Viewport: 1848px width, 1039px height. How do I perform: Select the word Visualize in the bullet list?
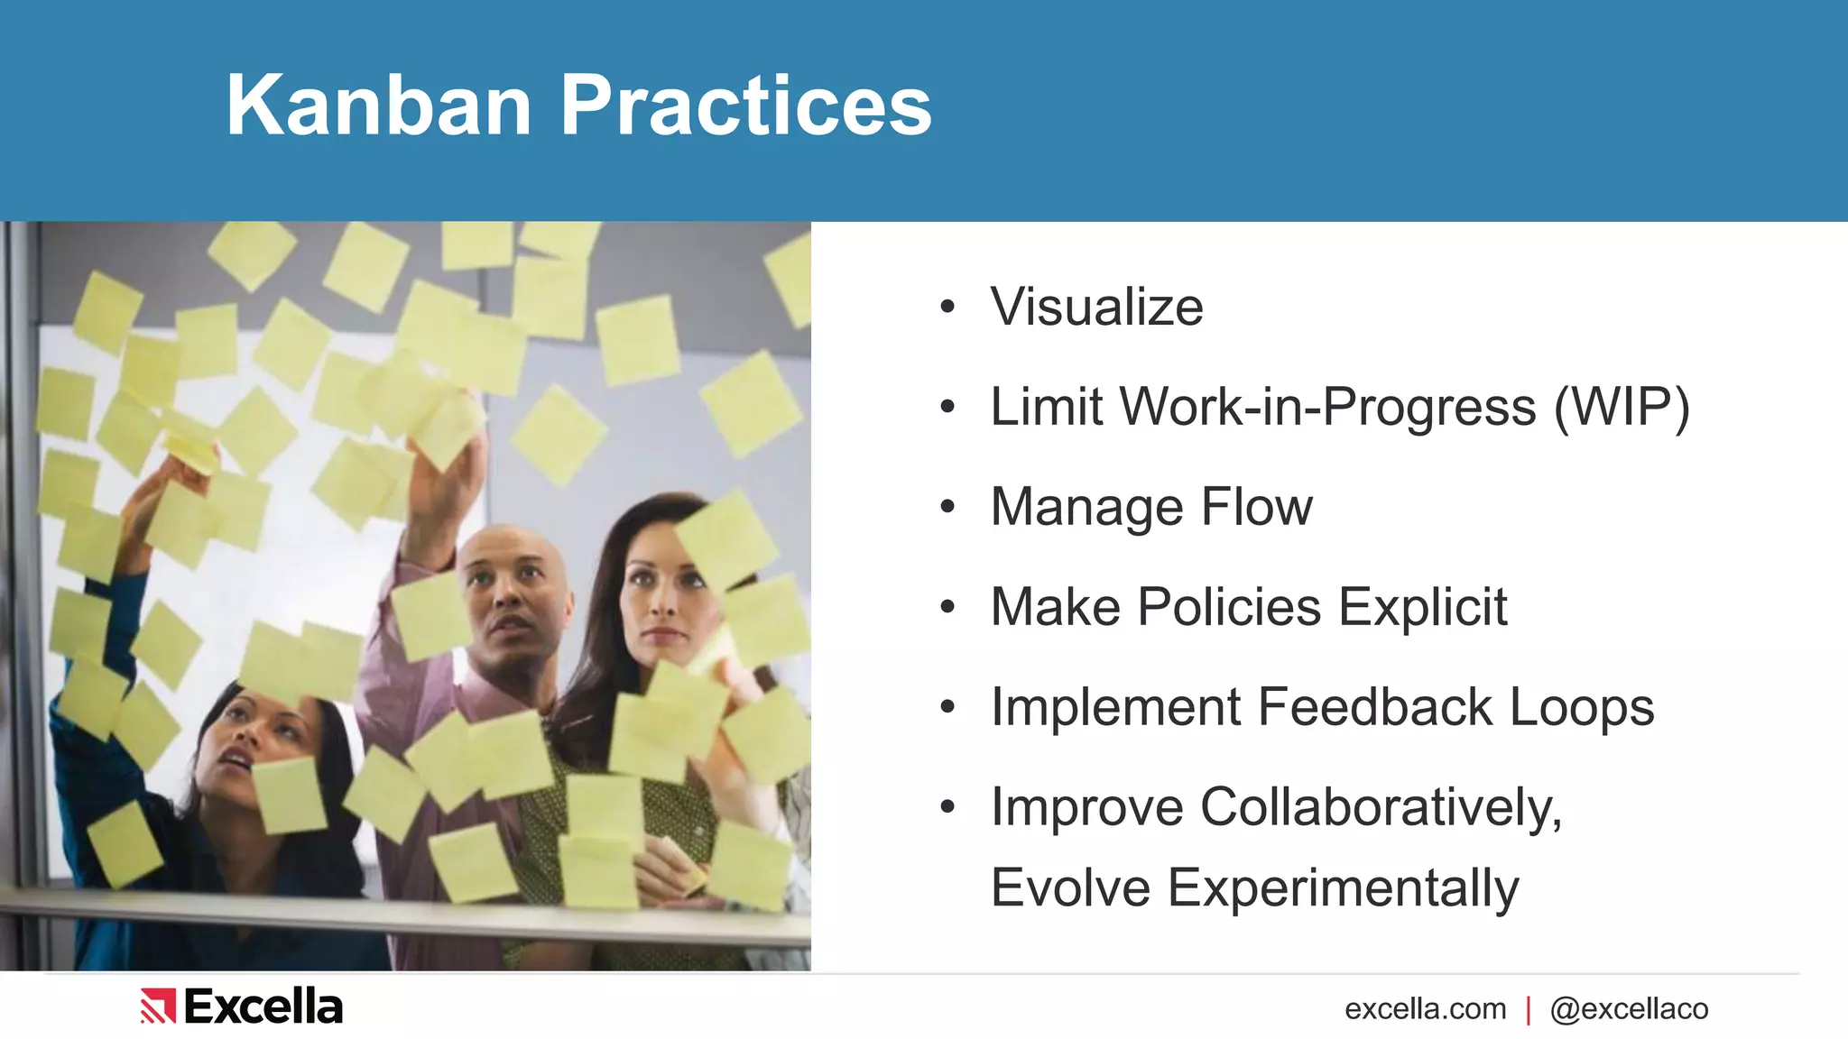point(1096,307)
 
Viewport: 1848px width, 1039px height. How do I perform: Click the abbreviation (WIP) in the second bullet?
point(1622,407)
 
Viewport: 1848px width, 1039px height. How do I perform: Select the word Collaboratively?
point(1381,806)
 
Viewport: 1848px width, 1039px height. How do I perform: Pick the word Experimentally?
point(1344,888)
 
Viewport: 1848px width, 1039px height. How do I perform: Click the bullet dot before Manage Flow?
point(947,507)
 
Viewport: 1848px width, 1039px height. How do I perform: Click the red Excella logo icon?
point(158,1007)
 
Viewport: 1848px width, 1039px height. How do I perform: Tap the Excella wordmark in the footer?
point(263,1007)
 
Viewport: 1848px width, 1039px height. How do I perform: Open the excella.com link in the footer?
point(1425,1008)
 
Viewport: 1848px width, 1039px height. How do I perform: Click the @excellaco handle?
point(1629,1008)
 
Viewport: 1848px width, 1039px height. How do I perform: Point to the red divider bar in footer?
point(1529,1009)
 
